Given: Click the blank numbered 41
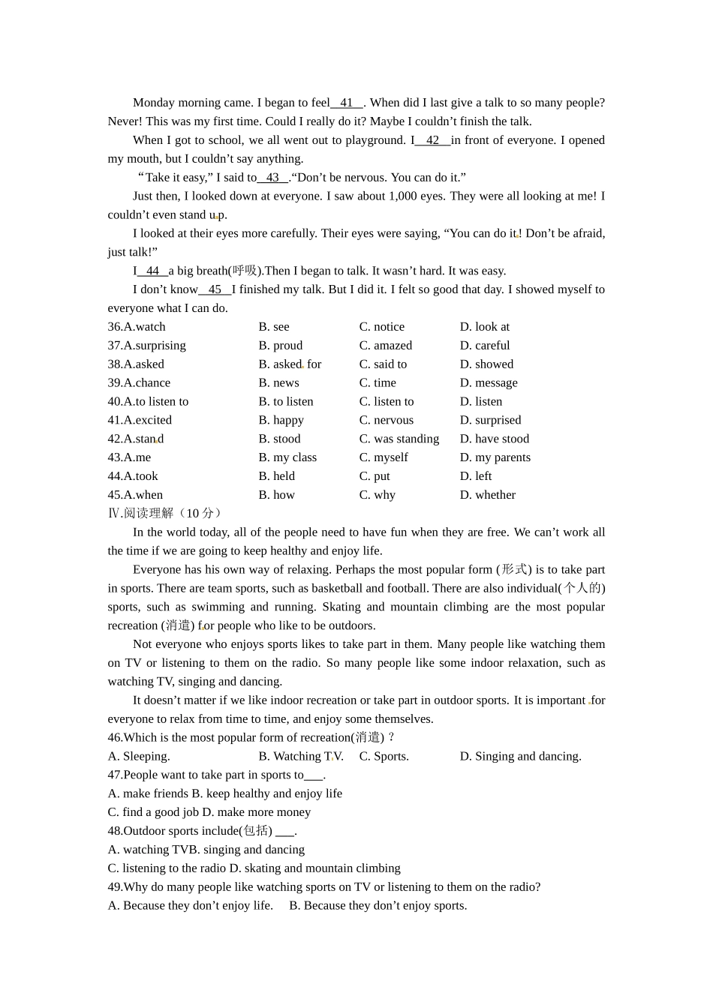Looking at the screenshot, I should pyautogui.click(x=346, y=103).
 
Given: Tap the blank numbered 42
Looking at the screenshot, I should pyautogui.click(x=432, y=140).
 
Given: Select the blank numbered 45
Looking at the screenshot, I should pyautogui.click(x=215, y=289).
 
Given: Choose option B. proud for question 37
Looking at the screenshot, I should pyautogui.click(x=281, y=346).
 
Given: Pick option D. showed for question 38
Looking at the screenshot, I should pyautogui.click(x=486, y=364).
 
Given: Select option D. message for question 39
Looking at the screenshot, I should pyautogui.click(x=489, y=383).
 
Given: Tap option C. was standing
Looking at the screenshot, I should pyautogui.click(x=399, y=439).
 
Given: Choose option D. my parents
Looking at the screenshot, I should pyautogui.click(x=495, y=457).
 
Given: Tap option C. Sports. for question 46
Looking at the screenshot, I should pyautogui.click(x=384, y=757).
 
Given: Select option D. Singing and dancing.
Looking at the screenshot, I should pyautogui.click(x=520, y=757).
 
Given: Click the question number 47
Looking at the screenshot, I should pyautogui.click(x=115, y=775).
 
